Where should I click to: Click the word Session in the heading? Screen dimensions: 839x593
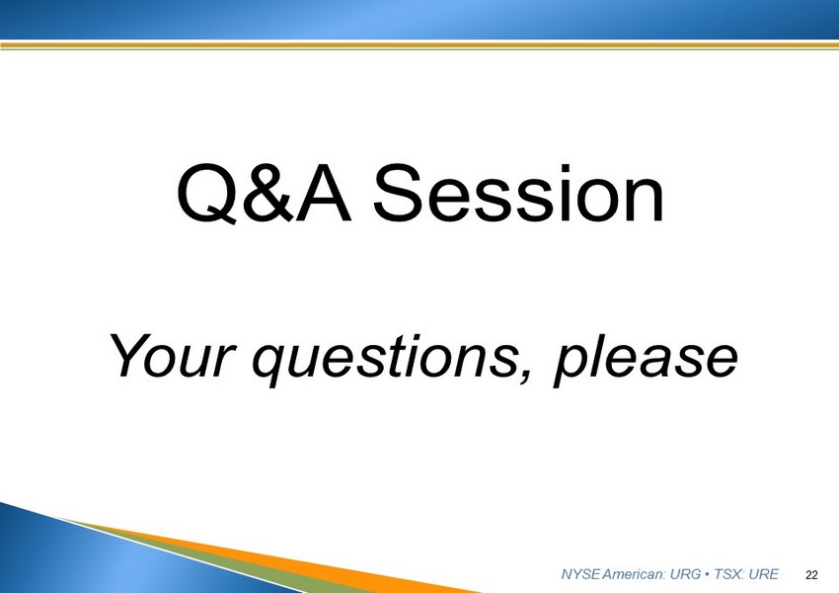(518, 193)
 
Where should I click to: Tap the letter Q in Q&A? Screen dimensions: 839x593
(206, 194)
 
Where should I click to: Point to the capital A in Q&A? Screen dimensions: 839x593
(324, 193)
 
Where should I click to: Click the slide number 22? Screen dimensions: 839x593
(811, 575)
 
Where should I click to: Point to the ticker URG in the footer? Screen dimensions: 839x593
(685, 574)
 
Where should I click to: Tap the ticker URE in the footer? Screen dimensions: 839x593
(763, 574)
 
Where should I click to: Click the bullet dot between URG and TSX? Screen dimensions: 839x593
(708, 575)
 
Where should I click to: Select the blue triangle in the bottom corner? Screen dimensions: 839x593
(107, 557)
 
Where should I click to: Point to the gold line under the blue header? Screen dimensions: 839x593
(419, 45)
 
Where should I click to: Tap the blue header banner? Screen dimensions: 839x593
(419, 20)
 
